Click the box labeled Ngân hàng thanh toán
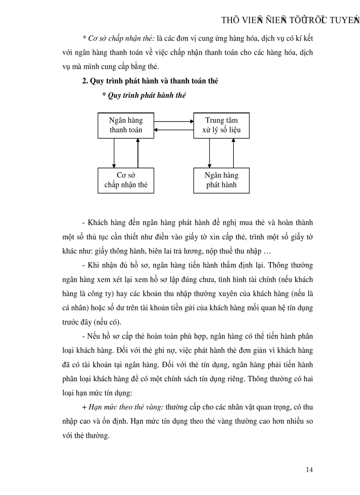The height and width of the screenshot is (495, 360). [x=126, y=125]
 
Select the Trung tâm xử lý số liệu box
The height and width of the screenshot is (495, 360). [x=221, y=125]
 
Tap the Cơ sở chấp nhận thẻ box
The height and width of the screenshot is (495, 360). [x=126, y=180]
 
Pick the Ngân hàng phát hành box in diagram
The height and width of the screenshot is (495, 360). [x=221, y=180]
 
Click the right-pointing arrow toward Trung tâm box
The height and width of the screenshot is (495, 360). [x=174, y=121]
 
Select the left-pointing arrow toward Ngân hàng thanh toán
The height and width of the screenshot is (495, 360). [x=174, y=129]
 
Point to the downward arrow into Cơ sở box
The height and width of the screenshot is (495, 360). [x=114, y=153]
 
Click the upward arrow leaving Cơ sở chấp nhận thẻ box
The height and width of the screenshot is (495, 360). [x=138, y=153]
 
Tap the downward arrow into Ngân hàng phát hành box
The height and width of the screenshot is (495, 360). [x=210, y=153]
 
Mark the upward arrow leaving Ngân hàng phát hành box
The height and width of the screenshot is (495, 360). [x=233, y=153]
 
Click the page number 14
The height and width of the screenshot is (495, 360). [x=309, y=469]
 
